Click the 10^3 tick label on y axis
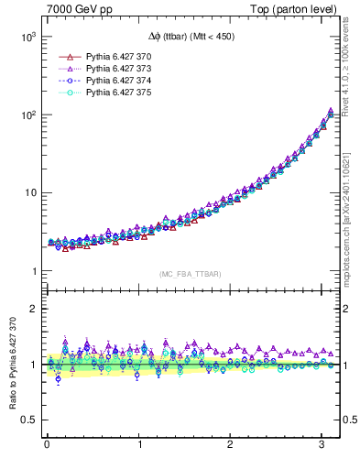pyautogui.click(x=28, y=38)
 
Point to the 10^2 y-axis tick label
pyautogui.click(x=28, y=115)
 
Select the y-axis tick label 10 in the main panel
pyautogui.click(x=30, y=193)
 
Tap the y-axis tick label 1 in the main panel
pyautogui.click(x=34, y=271)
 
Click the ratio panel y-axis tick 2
pyautogui.click(x=34, y=309)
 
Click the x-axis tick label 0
pyautogui.click(x=47, y=445)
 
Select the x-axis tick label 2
pyautogui.click(x=232, y=445)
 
